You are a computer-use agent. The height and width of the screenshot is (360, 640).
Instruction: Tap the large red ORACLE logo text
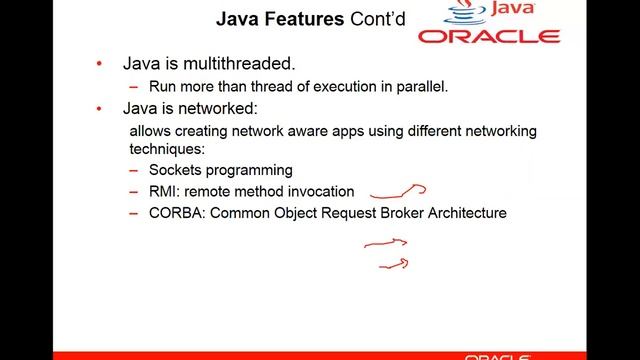point(489,36)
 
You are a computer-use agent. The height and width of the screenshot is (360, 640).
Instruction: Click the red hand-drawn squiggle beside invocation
point(399,192)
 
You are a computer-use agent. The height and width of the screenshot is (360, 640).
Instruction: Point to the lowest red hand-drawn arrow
point(393,264)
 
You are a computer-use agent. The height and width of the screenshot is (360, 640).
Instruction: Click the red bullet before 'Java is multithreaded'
point(99,64)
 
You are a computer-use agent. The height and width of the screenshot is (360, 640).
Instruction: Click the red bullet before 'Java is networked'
point(99,108)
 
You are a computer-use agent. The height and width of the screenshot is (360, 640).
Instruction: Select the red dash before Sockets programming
point(134,170)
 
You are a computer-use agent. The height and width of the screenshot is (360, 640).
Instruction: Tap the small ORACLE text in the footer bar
point(498,356)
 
